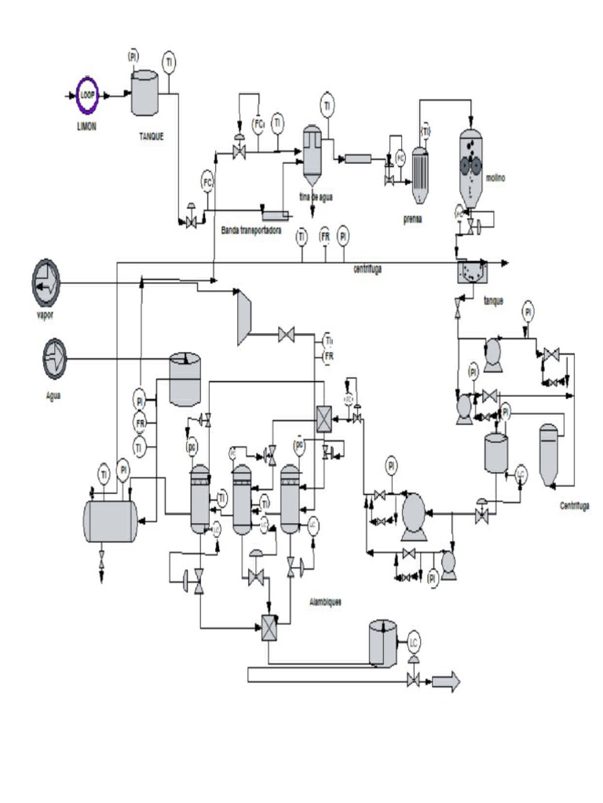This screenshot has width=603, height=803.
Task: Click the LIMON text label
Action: click(x=86, y=126)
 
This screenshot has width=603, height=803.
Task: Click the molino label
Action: click(x=495, y=178)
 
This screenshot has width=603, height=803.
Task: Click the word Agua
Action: click(x=53, y=394)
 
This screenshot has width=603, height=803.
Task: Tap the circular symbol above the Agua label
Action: click(x=55, y=358)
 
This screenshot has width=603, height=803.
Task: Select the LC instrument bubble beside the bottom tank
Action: click(x=414, y=641)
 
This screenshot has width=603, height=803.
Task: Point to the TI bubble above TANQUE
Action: click(x=169, y=60)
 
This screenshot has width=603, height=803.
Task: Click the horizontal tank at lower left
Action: click(x=110, y=521)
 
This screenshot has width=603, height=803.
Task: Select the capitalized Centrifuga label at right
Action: click(x=575, y=506)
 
